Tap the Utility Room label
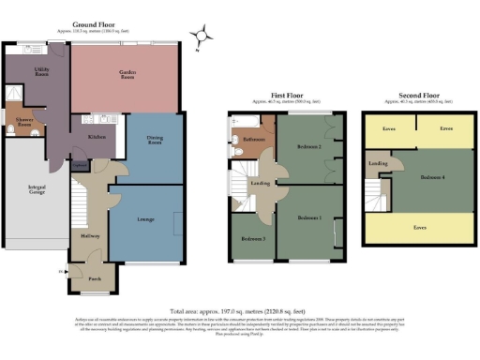41,72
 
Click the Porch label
95,277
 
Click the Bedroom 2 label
310,148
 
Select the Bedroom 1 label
309,217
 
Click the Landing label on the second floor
379,164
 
